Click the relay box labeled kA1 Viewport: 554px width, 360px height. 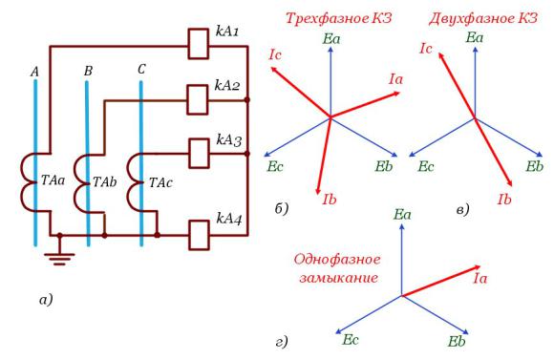pos(198,44)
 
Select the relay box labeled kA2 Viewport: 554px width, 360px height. pos(197,99)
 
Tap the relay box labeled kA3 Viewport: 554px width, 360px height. pos(199,153)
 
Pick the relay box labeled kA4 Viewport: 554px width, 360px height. pos(199,235)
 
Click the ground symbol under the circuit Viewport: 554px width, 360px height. pos(59,258)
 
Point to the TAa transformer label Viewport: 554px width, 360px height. pos(53,180)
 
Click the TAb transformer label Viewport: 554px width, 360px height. pos(104,182)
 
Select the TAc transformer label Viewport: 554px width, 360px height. pos(160,182)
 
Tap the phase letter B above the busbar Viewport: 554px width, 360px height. pos(88,71)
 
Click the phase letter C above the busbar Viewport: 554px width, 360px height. pos(141,70)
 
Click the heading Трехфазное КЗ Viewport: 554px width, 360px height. pos(339,18)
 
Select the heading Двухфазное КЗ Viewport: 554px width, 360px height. pos(483,18)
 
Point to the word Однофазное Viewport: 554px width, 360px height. pos(337,260)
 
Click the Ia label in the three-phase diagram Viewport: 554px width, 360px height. pos(395,79)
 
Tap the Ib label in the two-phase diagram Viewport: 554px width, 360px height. pos(504,200)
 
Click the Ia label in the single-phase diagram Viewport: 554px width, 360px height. pos(479,279)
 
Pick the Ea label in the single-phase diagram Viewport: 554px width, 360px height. pos(402,215)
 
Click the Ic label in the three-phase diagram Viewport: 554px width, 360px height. pos(275,54)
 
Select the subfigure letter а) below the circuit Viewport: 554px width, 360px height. pos(46,300)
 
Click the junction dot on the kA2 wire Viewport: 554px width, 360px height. pos(247,100)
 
